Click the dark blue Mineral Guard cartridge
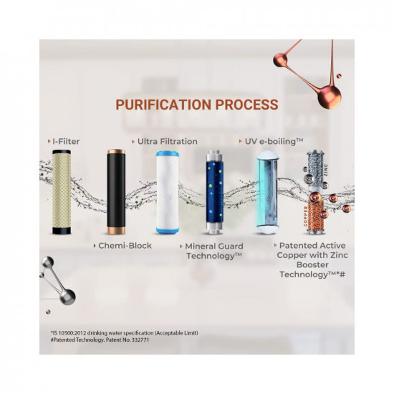click(216, 191)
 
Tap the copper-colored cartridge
click(317, 213)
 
